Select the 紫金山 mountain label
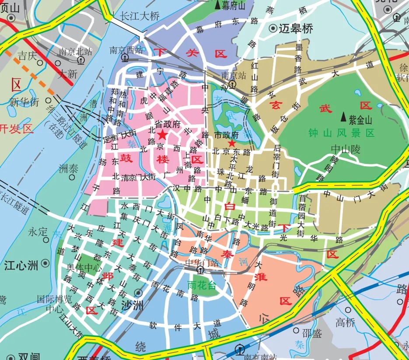click(x=360, y=118)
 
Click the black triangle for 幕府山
click(x=217, y=5)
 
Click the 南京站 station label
click(x=234, y=75)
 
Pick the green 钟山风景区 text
click(x=342, y=133)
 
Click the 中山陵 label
click(x=345, y=150)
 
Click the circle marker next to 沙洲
click(x=139, y=293)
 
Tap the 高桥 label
click(x=346, y=322)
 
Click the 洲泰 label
click(x=68, y=168)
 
